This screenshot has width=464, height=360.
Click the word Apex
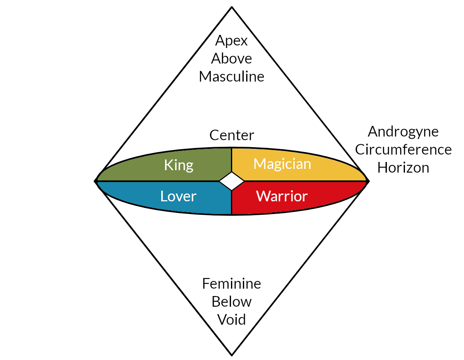(x=231, y=41)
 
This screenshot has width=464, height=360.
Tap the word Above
(x=231, y=59)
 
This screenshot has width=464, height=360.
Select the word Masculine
(x=231, y=77)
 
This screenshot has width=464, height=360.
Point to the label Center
(x=231, y=135)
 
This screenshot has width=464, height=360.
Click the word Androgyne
(x=403, y=132)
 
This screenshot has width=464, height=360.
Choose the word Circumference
(x=403, y=150)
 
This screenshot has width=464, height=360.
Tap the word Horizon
(x=403, y=168)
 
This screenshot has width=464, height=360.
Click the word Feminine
(x=231, y=283)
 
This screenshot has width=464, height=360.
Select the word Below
(x=231, y=301)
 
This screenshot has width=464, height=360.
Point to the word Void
(x=231, y=319)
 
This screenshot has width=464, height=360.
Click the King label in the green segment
(x=178, y=165)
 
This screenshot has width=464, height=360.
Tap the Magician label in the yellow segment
(x=282, y=164)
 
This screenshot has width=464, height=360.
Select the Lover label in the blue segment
(x=178, y=196)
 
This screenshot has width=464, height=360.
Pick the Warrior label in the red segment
(x=282, y=196)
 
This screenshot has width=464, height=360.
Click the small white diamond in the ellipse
(x=232, y=181)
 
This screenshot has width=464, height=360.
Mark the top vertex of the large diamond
(x=232, y=7)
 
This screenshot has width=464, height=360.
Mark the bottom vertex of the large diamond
(x=232, y=355)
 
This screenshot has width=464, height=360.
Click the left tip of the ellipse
(x=96, y=181)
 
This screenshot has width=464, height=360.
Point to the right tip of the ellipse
(x=368, y=181)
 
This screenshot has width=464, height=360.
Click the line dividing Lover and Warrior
(x=232, y=203)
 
